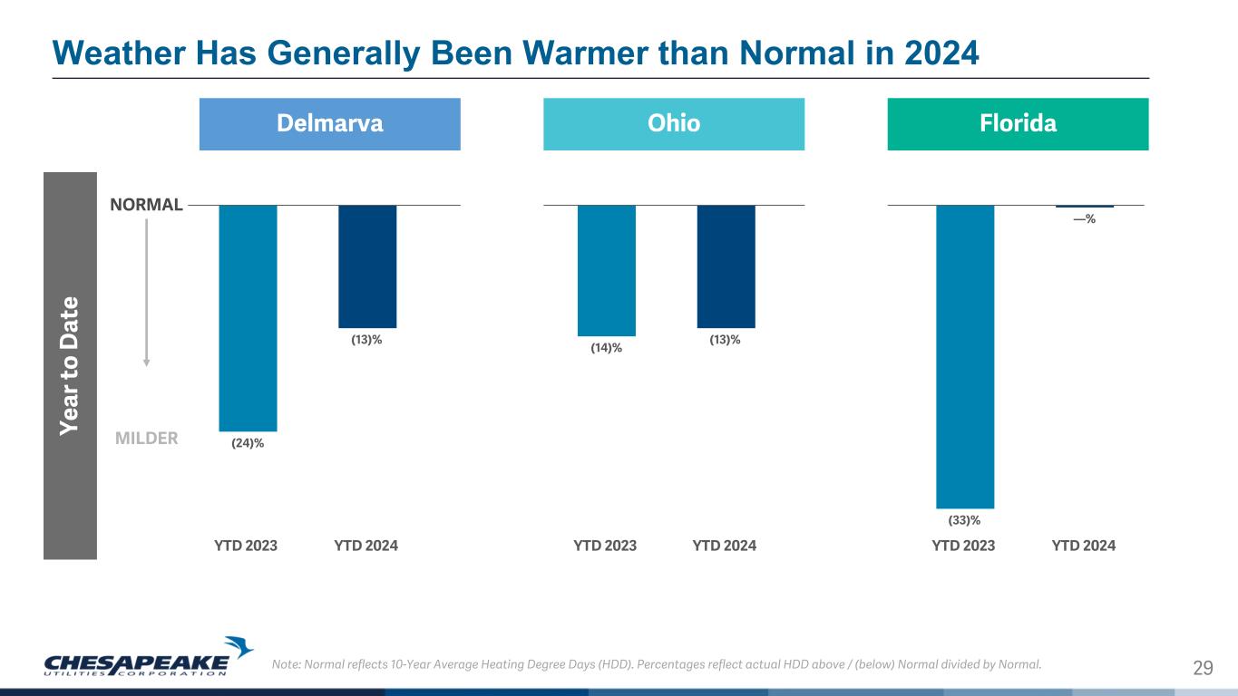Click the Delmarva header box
(329, 123)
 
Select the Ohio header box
(673, 123)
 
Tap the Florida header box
(1017, 123)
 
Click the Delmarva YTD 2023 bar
(248, 317)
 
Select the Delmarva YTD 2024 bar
(367, 266)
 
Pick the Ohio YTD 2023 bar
(606, 270)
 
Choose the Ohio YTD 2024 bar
(726, 266)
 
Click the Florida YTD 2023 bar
(965, 356)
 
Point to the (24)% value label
(248, 443)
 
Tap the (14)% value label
(606, 348)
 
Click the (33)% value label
(964, 520)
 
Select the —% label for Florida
(1084, 218)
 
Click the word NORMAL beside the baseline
(147, 205)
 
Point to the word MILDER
(147, 439)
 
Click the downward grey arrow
(146, 290)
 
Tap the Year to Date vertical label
(70, 365)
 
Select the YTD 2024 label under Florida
(1084, 546)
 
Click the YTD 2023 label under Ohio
(605, 546)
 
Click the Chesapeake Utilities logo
(150, 657)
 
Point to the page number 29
(1203, 669)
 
